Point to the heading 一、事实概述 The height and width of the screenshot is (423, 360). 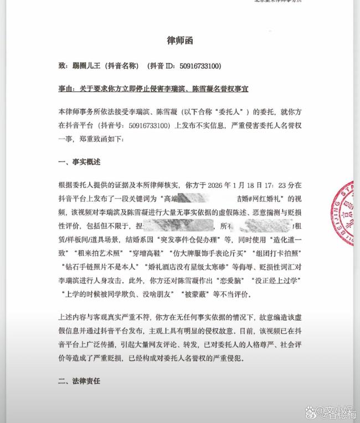click(x=80, y=162)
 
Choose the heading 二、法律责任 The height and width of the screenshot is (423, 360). click(x=80, y=381)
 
